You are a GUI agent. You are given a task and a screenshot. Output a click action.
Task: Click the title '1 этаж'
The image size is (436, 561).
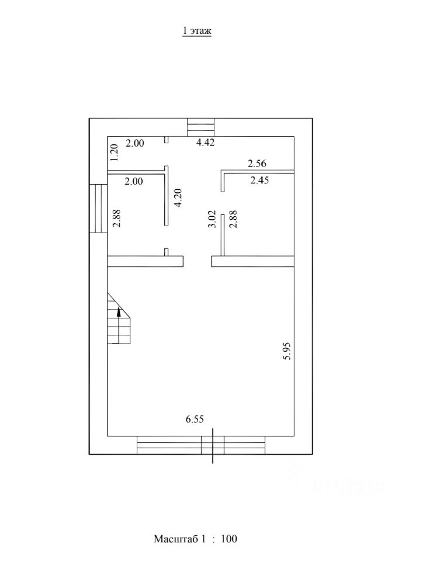pyautogui.click(x=197, y=31)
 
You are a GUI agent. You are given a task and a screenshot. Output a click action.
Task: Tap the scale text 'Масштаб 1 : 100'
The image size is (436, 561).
pyautogui.click(x=195, y=539)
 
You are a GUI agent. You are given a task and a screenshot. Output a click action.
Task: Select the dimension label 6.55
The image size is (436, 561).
pyautogui.click(x=195, y=419)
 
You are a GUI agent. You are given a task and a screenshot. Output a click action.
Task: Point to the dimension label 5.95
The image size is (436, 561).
pyautogui.click(x=287, y=351)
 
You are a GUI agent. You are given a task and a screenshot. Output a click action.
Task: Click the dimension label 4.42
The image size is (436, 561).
pyautogui.click(x=206, y=143)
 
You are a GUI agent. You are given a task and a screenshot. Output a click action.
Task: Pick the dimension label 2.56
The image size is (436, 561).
pyautogui.click(x=257, y=164)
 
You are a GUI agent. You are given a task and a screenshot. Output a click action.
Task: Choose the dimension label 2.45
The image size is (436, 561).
pyautogui.click(x=259, y=180)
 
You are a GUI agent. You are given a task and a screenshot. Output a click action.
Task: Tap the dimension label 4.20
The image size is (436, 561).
pyautogui.click(x=178, y=198)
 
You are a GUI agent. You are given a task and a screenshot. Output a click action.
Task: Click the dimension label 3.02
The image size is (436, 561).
pyautogui.click(x=212, y=219)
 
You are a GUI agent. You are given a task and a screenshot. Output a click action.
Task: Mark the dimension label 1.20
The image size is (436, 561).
pyautogui.click(x=114, y=153)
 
